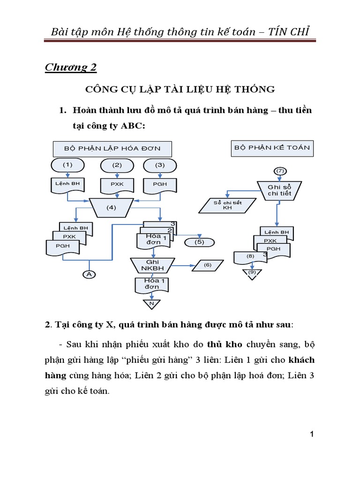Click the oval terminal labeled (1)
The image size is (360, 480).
(x=68, y=165)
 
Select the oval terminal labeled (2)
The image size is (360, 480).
(x=117, y=165)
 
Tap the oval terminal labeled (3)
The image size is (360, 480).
(x=160, y=165)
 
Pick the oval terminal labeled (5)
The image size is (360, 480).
(x=200, y=242)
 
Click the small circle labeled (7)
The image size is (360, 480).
(x=280, y=170)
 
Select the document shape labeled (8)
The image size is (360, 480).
(x=250, y=257)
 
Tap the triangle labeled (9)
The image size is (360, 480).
(x=252, y=272)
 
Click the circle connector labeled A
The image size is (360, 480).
(x=89, y=274)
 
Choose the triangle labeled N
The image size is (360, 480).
(x=151, y=304)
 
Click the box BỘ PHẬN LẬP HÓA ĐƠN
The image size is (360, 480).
(x=112, y=149)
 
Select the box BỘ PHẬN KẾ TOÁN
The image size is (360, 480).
(x=272, y=148)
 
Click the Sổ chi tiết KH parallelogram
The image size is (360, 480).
(x=227, y=205)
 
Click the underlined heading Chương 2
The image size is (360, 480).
(x=71, y=67)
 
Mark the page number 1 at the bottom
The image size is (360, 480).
(x=312, y=435)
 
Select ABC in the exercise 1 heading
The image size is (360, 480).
(x=134, y=127)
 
